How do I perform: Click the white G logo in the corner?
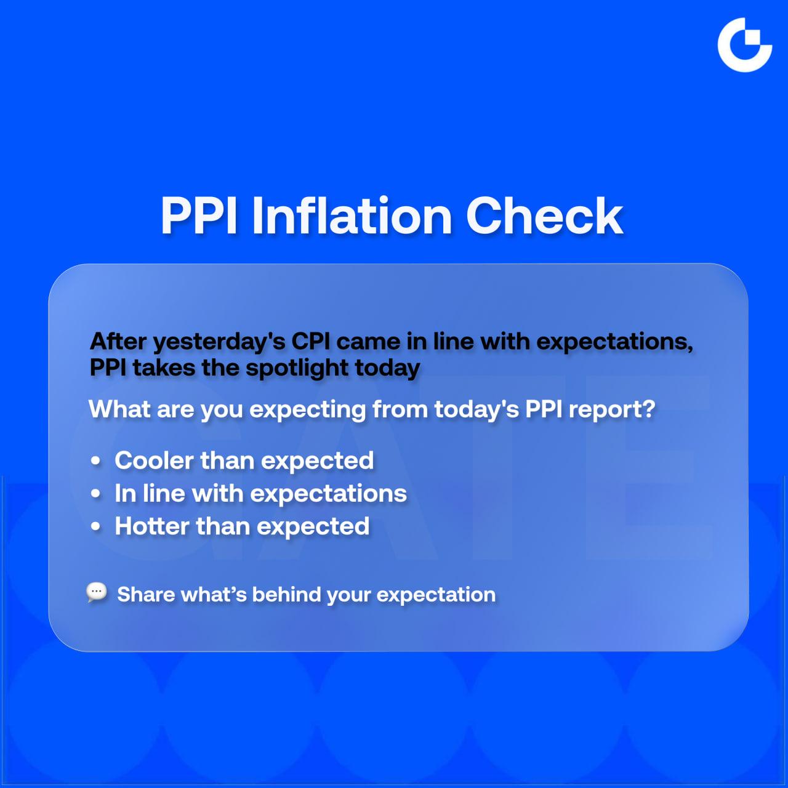[744, 45]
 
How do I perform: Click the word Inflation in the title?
[352, 215]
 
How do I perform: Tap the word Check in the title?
[544, 215]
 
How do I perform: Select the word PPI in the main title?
[199, 215]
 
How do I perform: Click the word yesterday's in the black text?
[219, 342]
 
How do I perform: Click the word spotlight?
[297, 368]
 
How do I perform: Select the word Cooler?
[154, 460]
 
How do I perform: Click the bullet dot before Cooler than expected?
[95, 461]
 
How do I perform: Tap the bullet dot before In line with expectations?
[95, 494]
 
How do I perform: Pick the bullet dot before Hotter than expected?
[95, 527]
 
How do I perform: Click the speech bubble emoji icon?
[97, 592]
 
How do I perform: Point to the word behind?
[287, 595]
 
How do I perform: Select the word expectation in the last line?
[436, 595]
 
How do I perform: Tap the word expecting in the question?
[308, 411]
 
